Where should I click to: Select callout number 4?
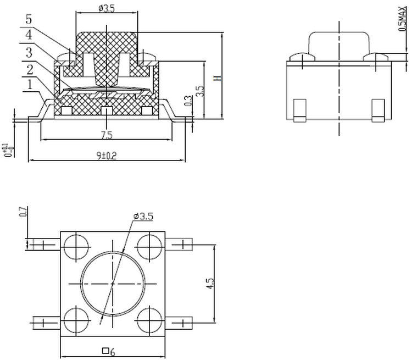(29, 36)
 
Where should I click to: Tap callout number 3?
(29, 53)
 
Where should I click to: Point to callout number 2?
(29, 70)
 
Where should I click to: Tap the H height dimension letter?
(217, 77)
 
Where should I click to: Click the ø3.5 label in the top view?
(143, 216)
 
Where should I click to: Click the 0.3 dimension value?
(188, 101)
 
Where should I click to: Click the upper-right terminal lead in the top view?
(181, 244)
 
